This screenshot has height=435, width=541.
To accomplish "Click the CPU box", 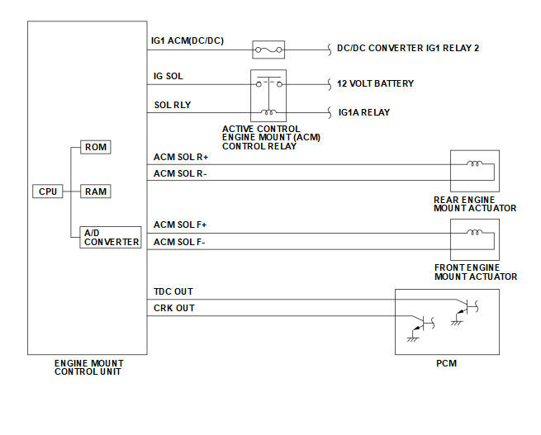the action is click(x=48, y=191).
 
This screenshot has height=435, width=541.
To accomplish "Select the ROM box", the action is click(x=96, y=147).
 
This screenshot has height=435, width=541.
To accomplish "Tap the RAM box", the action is click(x=96, y=191).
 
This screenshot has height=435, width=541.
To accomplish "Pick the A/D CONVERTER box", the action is click(x=111, y=237).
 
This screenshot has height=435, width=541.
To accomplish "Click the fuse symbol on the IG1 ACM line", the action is click(x=268, y=50).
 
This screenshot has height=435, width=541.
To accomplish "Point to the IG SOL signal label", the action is click(x=168, y=76).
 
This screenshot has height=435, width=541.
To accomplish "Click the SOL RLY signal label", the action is click(x=173, y=105).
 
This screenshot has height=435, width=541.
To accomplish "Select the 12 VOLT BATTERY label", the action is click(x=375, y=83).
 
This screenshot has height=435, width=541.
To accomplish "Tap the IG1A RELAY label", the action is click(x=364, y=112).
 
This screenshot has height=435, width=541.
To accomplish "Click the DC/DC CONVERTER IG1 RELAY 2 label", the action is click(x=408, y=48).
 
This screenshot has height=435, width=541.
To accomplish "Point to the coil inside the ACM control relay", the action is click(x=268, y=111).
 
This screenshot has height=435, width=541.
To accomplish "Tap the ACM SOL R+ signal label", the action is click(x=181, y=157).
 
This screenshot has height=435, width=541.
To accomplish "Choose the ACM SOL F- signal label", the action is click(x=179, y=242).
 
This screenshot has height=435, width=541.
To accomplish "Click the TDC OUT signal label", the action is click(x=173, y=291).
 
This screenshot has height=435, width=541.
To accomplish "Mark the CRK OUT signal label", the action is click(x=174, y=308).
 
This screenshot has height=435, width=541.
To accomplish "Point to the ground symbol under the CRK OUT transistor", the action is click(x=413, y=339).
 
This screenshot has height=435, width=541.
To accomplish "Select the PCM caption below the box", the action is click(x=447, y=363).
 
